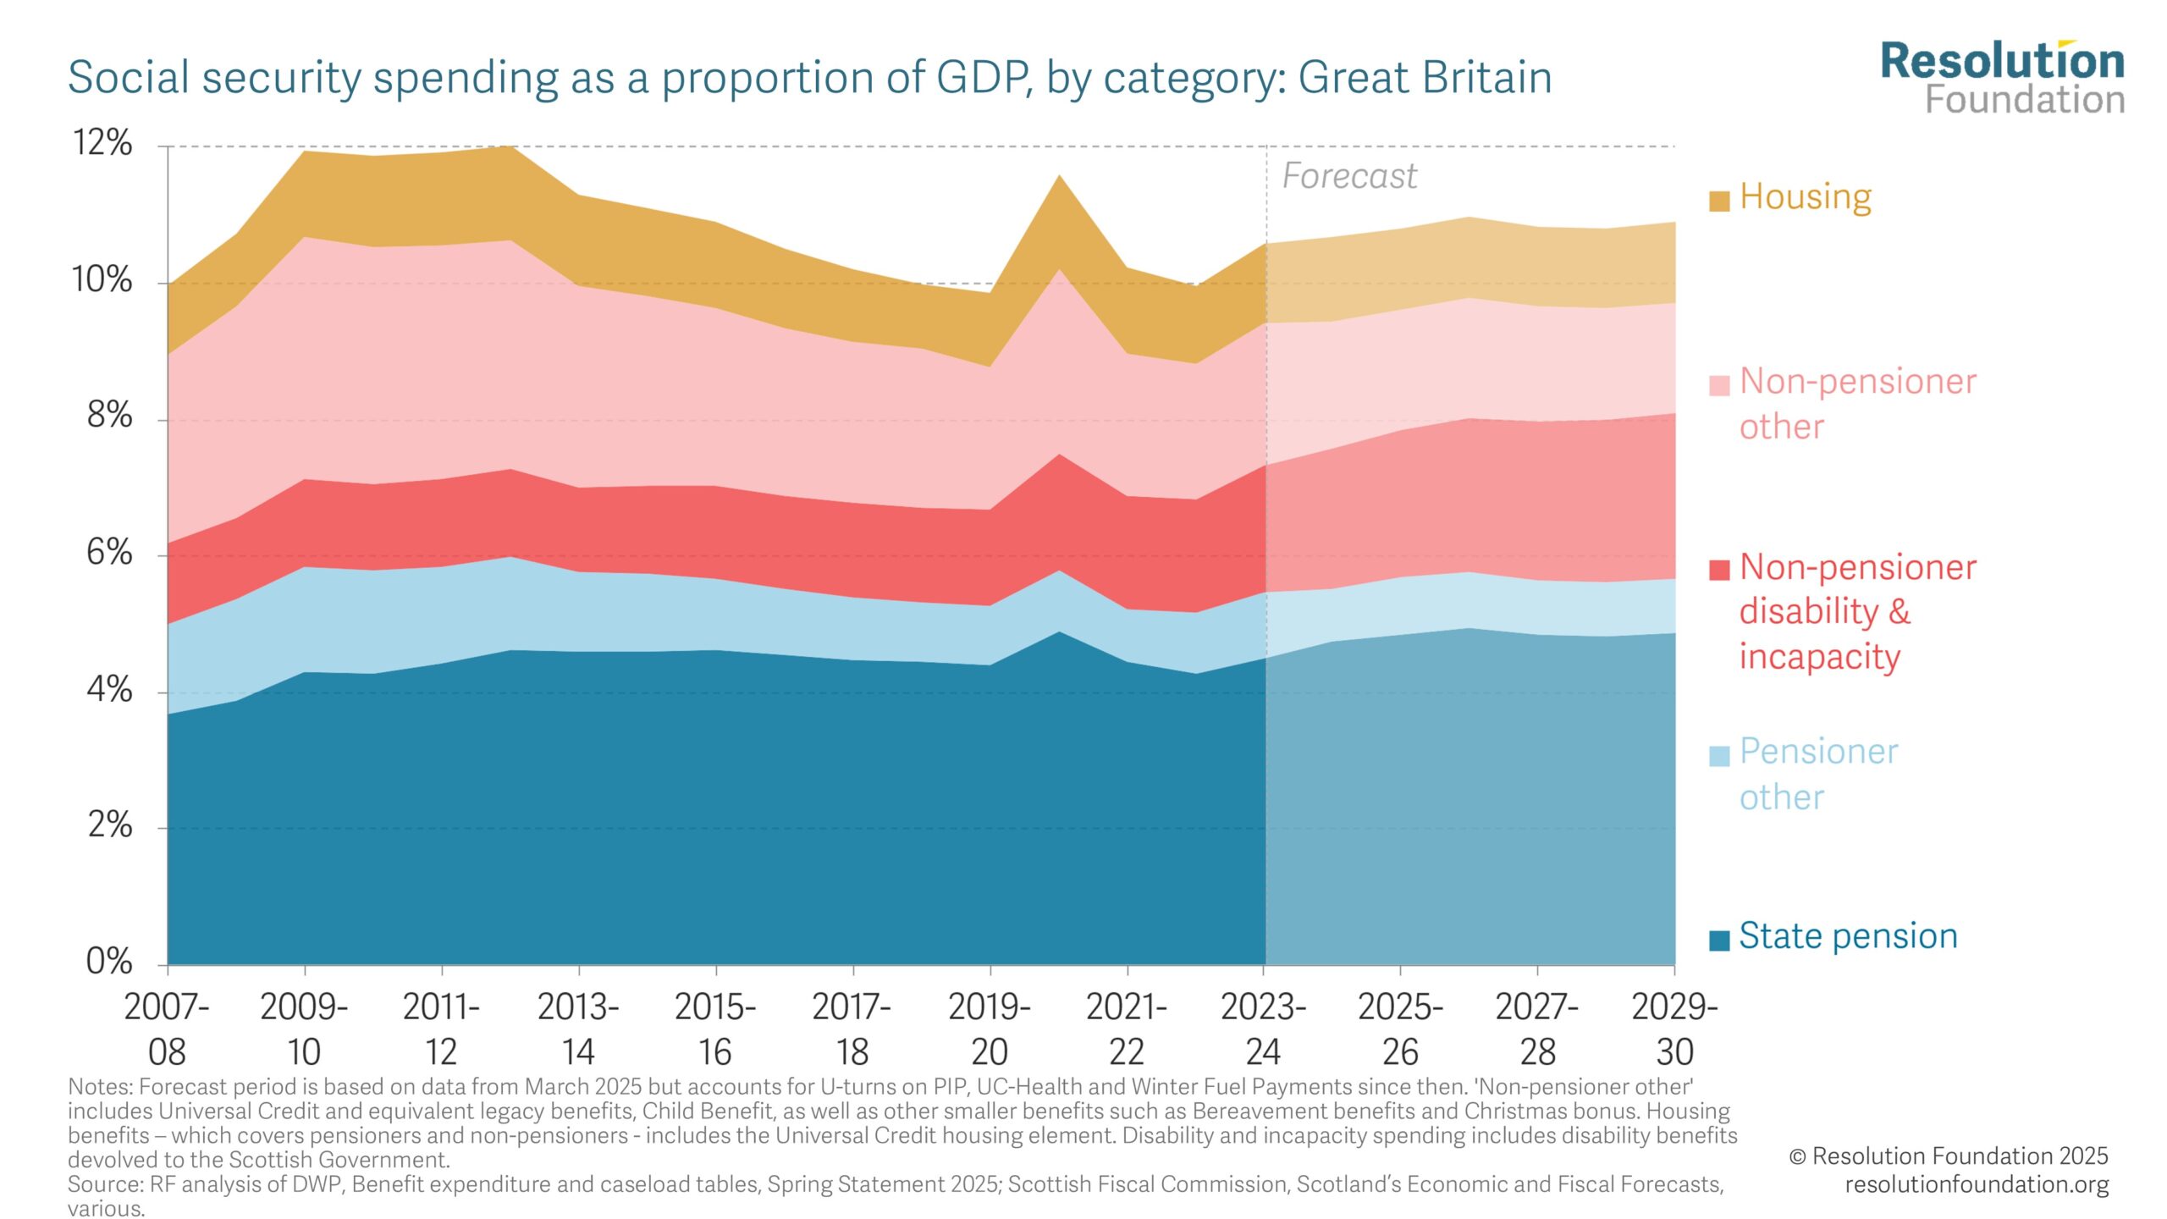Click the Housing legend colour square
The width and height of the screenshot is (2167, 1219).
(1718, 201)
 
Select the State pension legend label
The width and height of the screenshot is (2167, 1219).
(1848, 936)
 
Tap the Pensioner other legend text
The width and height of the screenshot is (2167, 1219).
(1818, 774)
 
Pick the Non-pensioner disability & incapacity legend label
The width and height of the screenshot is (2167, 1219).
(1857, 611)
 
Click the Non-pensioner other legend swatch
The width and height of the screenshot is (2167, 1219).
(1718, 386)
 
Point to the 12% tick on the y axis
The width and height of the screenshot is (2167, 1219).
(102, 143)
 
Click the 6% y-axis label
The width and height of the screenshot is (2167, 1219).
(109, 554)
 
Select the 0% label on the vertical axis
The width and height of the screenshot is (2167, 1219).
(109, 962)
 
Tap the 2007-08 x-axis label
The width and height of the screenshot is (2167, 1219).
(167, 1029)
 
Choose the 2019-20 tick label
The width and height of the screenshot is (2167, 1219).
(989, 1029)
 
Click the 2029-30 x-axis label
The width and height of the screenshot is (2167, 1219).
(1674, 1029)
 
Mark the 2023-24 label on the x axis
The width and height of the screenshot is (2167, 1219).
(1263, 1029)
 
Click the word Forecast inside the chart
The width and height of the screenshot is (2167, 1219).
(1349, 176)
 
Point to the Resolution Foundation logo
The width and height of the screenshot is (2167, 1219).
(2002, 78)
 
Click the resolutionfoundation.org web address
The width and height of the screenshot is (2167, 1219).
(1977, 1184)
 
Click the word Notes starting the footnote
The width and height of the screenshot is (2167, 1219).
(99, 1087)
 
